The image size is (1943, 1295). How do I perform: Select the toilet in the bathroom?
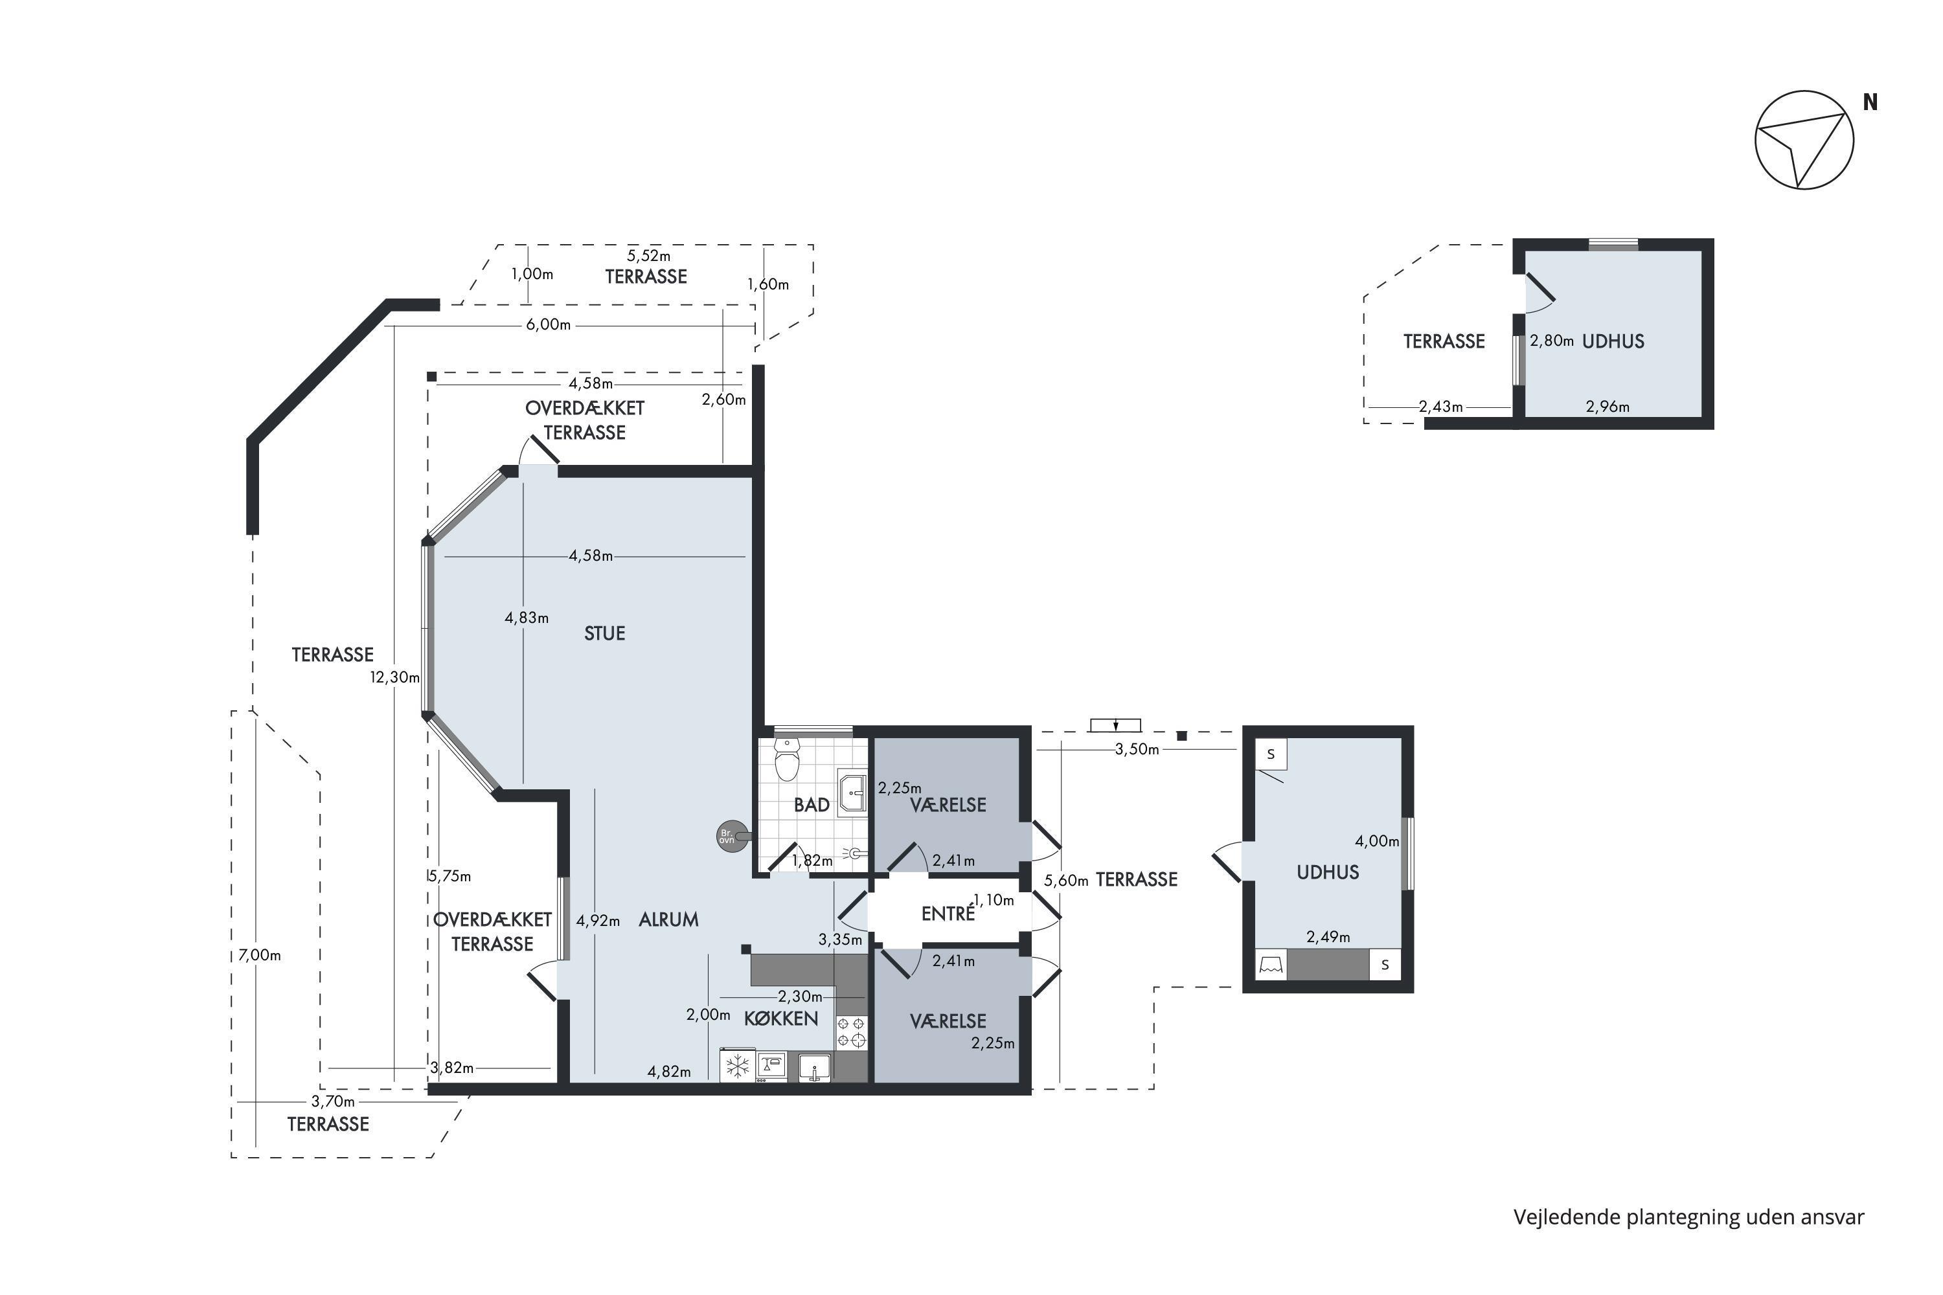point(788,759)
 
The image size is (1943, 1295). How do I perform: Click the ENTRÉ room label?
point(948,914)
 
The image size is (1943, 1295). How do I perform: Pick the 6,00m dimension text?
point(549,324)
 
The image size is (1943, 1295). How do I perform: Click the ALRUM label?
point(668,919)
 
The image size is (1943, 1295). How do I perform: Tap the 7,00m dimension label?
point(260,954)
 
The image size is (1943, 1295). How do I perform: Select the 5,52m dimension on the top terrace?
point(648,256)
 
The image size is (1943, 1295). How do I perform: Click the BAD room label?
point(812,805)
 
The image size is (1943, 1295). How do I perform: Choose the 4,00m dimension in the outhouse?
point(1377,840)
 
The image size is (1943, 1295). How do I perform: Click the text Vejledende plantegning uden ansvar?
point(1688,1217)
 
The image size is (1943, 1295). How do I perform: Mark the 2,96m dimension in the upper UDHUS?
point(1608,407)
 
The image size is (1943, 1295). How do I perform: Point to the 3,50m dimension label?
point(1137,749)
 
